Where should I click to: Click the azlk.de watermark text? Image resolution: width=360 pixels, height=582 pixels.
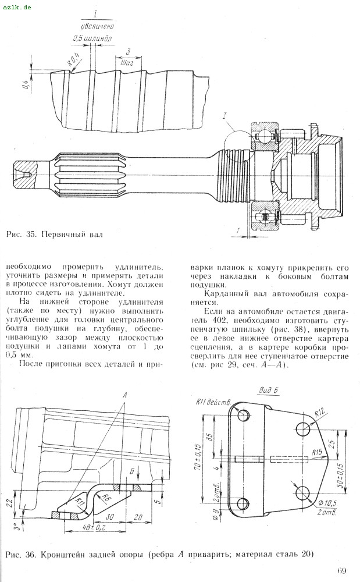coord(17,8)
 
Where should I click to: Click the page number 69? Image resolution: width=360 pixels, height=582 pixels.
coord(341,570)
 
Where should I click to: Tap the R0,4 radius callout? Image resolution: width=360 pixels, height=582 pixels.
coord(74,59)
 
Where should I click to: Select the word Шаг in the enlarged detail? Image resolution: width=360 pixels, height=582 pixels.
coord(127,64)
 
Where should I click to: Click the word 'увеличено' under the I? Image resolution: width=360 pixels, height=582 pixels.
coord(97,26)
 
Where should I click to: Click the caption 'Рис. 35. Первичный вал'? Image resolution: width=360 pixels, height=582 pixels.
coord(54,234)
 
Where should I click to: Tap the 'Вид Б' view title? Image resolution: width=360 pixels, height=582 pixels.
coord(268,390)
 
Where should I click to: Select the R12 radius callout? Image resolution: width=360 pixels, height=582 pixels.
coord(320,412)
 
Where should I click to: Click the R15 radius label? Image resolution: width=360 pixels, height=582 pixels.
coord(317,452)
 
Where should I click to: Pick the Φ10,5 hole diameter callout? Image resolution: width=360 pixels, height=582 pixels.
coord(327,503)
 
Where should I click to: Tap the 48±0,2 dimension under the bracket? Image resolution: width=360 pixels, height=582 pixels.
coord(85,527)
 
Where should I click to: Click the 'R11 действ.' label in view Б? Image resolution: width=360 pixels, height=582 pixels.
coord(213,402)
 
